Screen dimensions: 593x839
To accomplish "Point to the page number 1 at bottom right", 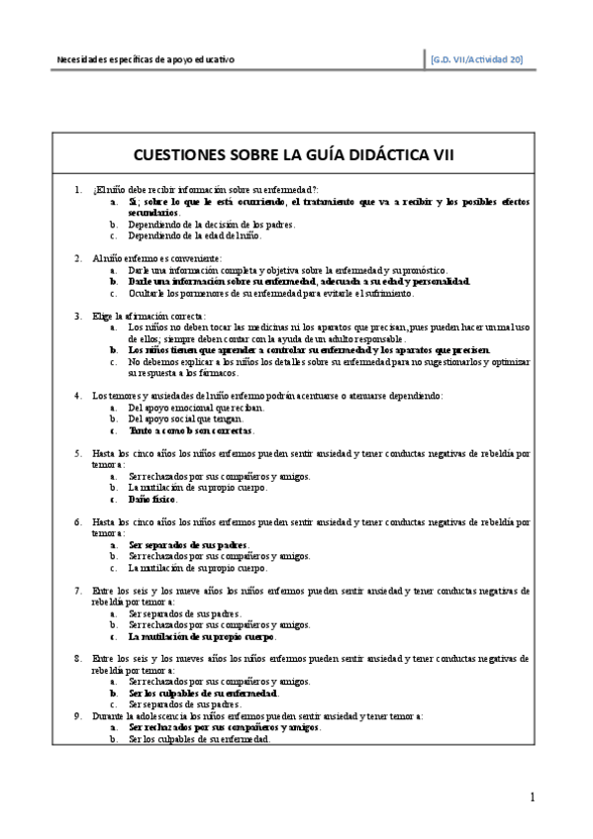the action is [533, 797].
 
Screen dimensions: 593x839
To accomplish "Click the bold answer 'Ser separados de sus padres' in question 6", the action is [188, 545].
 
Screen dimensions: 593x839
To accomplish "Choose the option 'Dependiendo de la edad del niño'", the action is [194, 235].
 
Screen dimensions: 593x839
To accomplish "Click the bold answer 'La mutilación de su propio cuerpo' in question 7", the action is [202, 636].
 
